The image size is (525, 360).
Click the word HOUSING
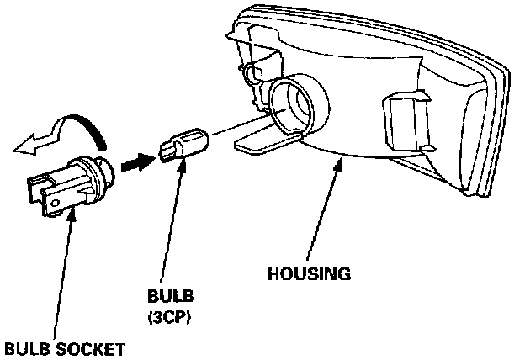point(308,273)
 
